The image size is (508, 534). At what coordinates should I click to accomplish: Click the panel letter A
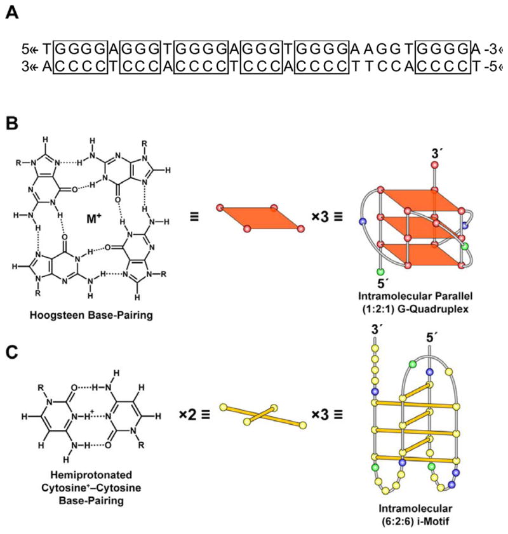tap(11, 13)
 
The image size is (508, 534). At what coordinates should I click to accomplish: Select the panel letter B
tap(11, 123)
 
